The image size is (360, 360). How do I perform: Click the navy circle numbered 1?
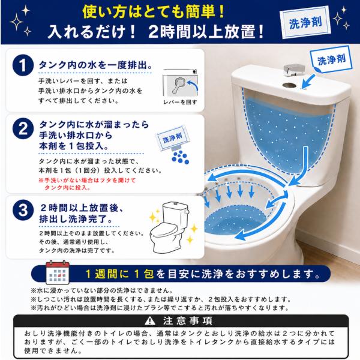pyautogui.click(x=23, y=65)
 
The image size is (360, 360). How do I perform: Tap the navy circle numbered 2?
pyautogui.click(x=23, y=128)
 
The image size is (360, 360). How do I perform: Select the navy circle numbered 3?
pyautogui.click(x=23, y=210)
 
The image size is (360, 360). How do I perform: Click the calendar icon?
pyautogui.click(x=58, y=272)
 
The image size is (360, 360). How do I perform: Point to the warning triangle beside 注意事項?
pyautogui.click(x=150, y=321)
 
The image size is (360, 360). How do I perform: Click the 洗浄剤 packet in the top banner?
pyautogui.click(x=305, y=23)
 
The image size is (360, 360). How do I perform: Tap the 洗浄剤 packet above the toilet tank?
pyautogui.click(x=331, y=59)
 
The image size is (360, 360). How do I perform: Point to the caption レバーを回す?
pyautogui.click(x=180, y=102)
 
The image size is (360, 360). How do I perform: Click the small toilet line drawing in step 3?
pyautogui.click(x=170, y=227)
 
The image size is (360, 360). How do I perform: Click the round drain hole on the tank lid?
pyautogui.click(x=290, y=85)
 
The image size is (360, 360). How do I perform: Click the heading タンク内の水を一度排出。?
pyautogui.click(x=95, y=65)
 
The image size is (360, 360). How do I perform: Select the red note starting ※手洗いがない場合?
pyautogui.click(x=87, y=184)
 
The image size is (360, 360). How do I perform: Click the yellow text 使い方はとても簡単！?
pyautogui.click(x=154, y=12)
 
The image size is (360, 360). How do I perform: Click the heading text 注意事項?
pyautogui.click(x=188, y=321)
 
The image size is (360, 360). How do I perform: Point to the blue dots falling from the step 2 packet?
pyautogui.click(x=181, y=157)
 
